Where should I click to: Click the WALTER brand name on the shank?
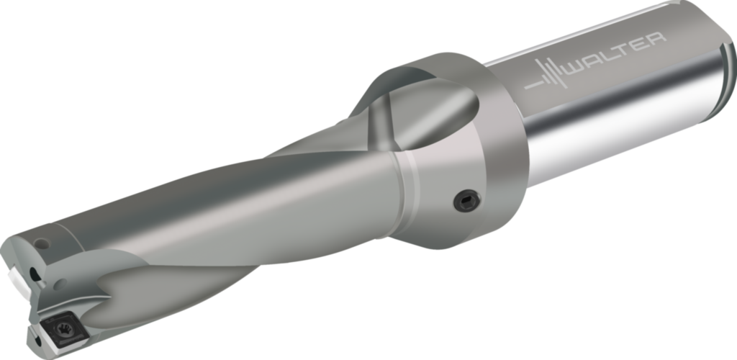[615, 55]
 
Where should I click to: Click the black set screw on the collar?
[466, 201]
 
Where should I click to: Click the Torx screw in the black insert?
[64, 329]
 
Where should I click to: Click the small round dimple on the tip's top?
[41, 243]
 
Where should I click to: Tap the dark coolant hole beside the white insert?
[33, 274]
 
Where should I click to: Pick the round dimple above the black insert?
[60, 284]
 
